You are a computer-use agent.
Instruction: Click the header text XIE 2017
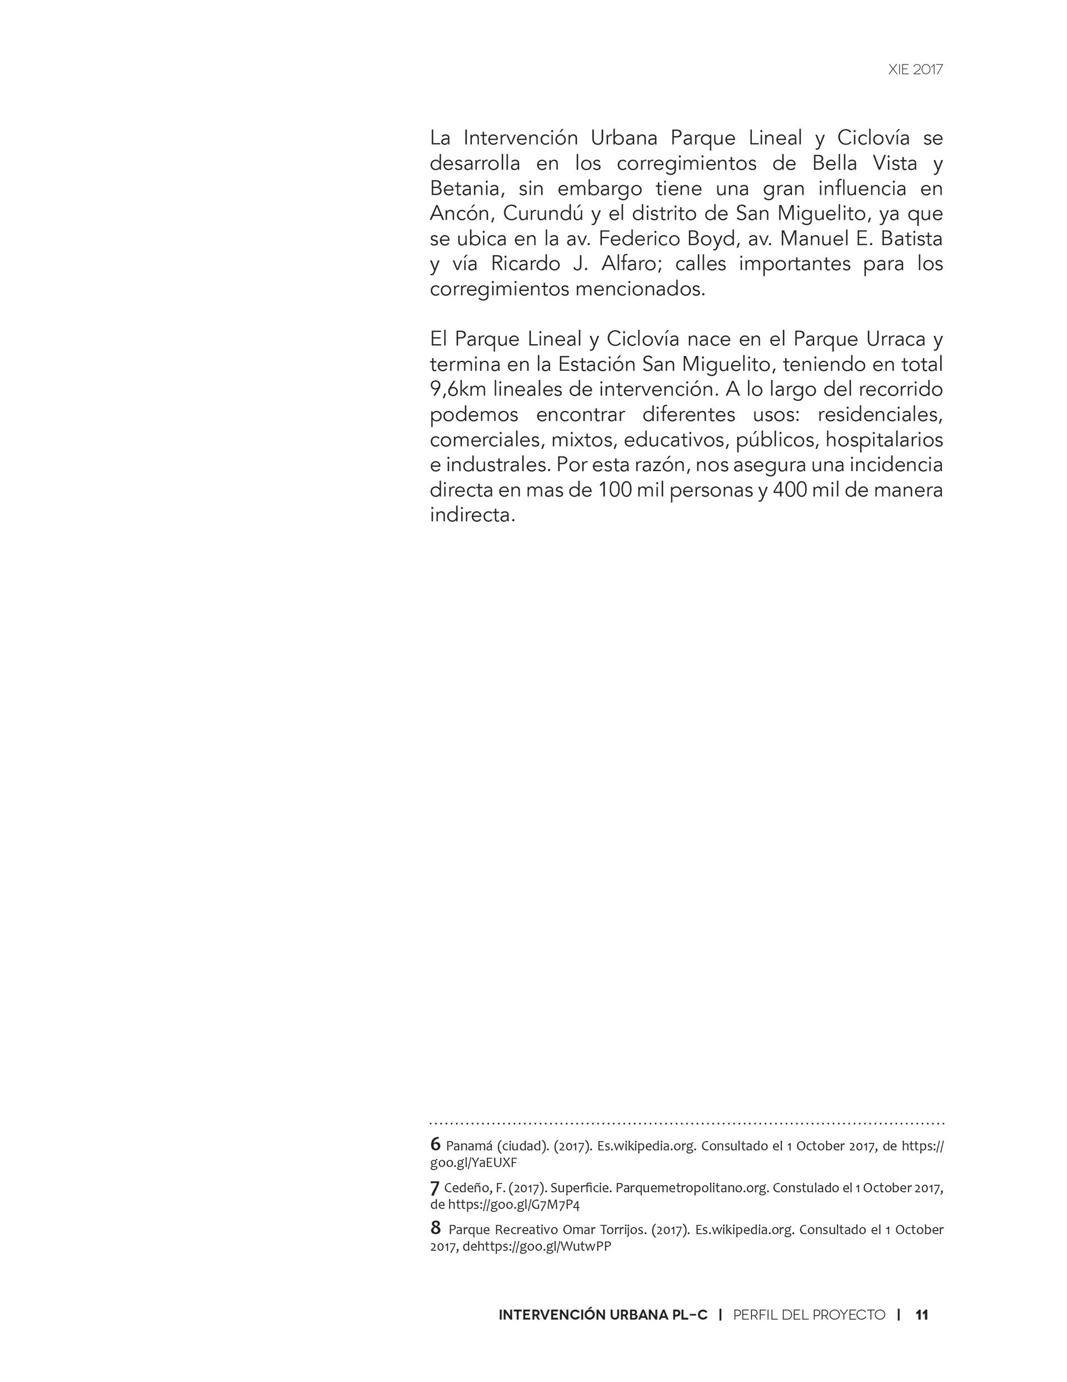[x=915, y=70]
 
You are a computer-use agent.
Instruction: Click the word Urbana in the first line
[x=624, y=138]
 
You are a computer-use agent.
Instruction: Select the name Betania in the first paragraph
[x=466, y=189]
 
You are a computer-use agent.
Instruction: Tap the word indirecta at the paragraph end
[x=472, y=515]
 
